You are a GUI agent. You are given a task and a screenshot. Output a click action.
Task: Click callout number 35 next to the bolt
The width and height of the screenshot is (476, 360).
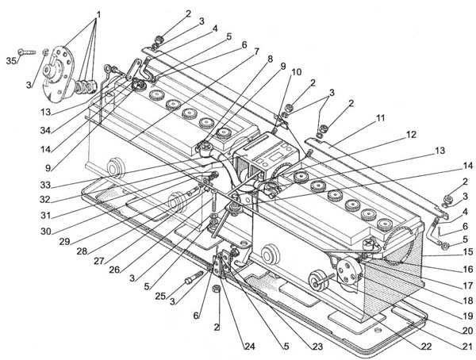click(12, 61)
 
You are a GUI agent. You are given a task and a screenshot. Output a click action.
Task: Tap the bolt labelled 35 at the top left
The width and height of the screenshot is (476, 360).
click(27, 52)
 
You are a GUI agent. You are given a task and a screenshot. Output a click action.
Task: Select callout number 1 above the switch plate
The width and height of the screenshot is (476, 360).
click(98, 14)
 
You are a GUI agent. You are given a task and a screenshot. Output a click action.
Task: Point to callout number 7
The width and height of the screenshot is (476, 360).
click(256, 52)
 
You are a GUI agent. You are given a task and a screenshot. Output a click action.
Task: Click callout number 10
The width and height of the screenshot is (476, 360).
click(297, 72)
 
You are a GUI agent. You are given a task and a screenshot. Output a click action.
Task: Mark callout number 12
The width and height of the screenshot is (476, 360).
click(411, 134)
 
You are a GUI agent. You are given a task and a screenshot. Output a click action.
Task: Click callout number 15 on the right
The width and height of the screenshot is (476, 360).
click(468, 251)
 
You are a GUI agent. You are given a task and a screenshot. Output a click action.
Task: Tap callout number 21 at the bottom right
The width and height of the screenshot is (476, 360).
click(468, 347)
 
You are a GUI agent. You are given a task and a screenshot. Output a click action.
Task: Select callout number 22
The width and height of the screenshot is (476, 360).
click(426, 347)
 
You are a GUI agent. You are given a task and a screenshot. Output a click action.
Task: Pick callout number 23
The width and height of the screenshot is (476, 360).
click(317, 347)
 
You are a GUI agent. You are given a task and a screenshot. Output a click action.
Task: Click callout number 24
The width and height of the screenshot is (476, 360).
click(250, 347)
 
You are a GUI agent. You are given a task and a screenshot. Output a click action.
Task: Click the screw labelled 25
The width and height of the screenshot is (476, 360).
click(194, 277)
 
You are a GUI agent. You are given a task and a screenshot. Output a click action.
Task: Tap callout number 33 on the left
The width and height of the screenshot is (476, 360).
click(45, 184)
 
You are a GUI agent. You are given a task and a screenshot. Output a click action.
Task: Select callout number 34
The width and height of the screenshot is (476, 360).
click(45, 131)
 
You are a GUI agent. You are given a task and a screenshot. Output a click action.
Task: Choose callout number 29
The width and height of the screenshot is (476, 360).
click(65, 242)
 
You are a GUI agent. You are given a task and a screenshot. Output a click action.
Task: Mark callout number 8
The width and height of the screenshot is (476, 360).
click(270, 59)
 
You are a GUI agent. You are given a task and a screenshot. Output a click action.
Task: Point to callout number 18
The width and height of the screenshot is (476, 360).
click(468, 301)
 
